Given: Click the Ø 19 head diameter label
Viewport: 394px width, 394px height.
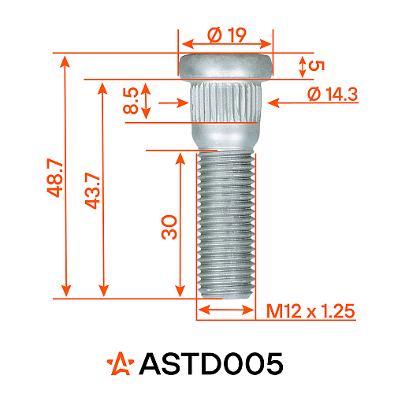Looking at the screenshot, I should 227,35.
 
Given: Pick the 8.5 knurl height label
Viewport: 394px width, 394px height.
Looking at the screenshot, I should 131,102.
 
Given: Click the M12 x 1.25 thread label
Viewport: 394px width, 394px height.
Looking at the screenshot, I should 310,312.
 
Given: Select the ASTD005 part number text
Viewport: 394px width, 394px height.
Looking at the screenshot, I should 210,363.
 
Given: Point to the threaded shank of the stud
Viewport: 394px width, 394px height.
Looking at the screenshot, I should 225,225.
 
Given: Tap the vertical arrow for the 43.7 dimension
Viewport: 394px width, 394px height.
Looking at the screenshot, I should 102,189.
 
